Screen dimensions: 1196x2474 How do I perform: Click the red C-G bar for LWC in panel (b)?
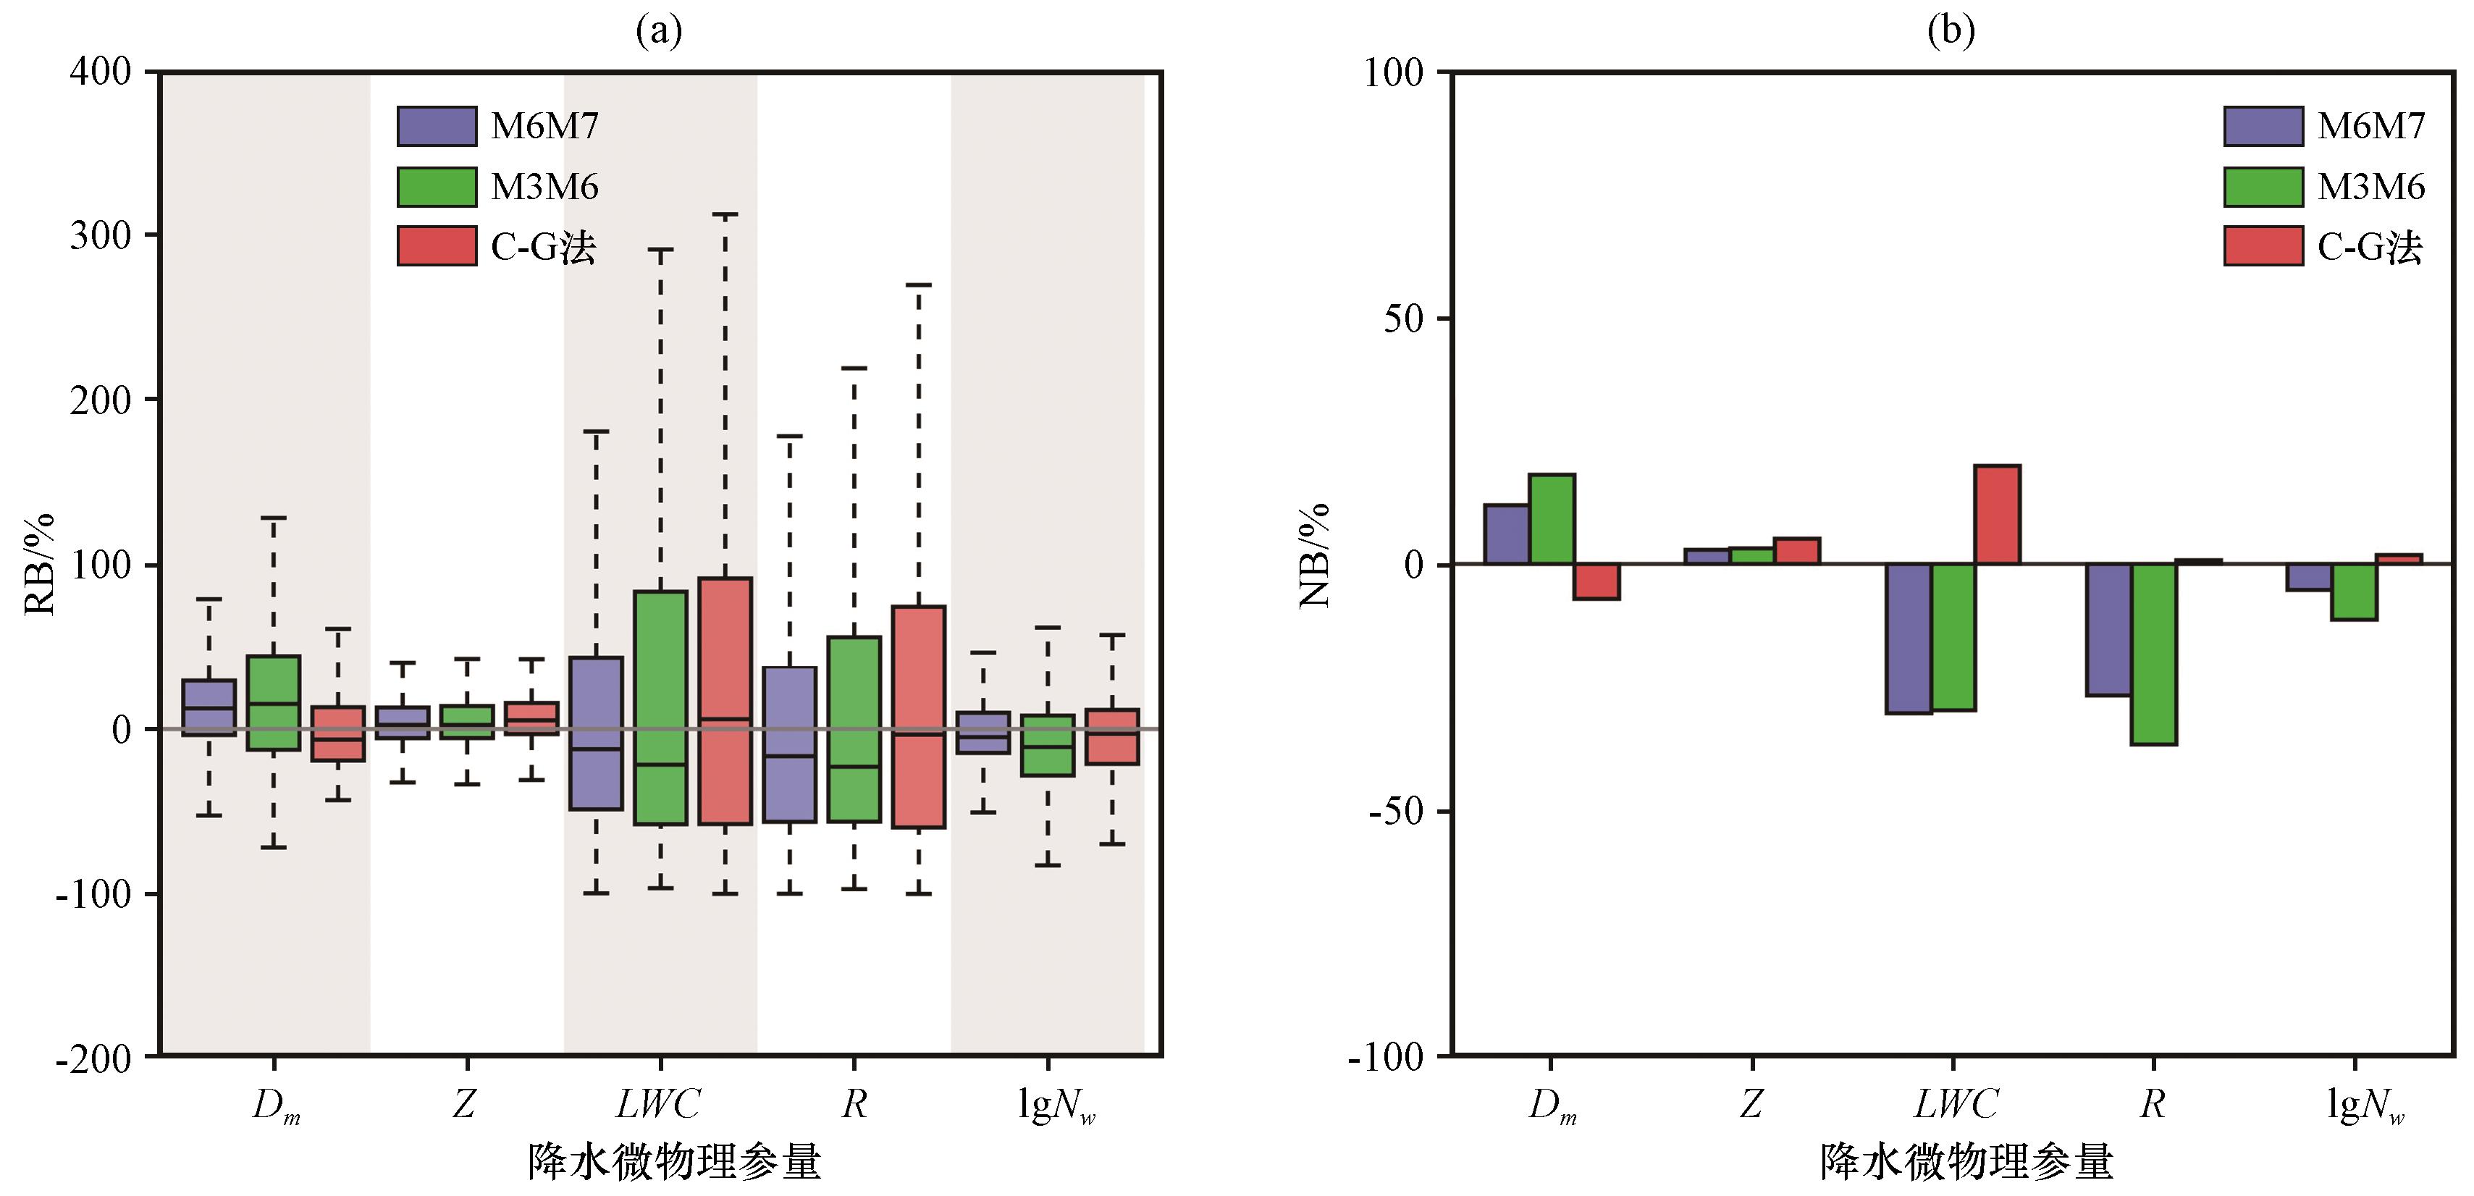click(1997, 515)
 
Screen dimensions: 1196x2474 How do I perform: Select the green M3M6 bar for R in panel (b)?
click(2153, 653)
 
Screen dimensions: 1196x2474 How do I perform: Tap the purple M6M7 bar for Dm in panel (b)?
click(1506, 534)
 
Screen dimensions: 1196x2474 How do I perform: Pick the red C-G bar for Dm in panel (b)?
click(1596, 581)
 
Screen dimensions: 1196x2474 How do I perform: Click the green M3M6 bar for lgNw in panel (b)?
click(2354, 591)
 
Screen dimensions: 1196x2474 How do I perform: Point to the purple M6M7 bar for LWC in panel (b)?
click(1909, 638)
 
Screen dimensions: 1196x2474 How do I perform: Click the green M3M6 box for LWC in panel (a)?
click(661, 707)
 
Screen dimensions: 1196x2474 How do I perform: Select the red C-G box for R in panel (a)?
click(919, 716)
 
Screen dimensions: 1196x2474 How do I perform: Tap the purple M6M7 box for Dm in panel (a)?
click(209, 707)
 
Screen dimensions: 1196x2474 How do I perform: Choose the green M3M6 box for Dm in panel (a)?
click(274, 702)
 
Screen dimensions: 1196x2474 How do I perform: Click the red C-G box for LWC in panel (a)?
click(725, 700)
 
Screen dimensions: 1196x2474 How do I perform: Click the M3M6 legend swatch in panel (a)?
click(437, 186)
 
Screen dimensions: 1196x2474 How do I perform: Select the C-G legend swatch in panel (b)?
click(2263, 246)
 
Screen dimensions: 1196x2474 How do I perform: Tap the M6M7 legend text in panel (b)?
click(2370, 126)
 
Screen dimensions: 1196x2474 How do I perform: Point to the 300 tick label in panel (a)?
click(100, 235)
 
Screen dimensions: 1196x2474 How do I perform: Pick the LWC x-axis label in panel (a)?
click(658, 1104)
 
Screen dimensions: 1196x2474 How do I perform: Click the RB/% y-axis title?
click(39, 564)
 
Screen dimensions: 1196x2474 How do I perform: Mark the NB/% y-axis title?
click(1314, 555)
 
